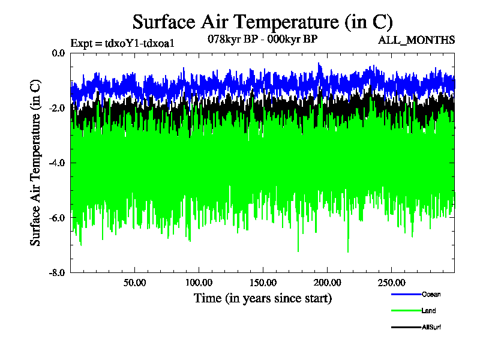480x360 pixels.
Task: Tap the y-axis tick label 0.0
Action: [58, 53]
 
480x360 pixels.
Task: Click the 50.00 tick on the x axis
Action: [135, 282]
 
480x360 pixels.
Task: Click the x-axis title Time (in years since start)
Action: [262, 298]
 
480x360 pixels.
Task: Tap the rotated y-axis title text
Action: [36, 163]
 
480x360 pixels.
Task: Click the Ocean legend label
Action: [430, 294]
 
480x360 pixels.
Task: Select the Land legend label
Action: [428, 311]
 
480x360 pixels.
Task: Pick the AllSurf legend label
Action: [431, 327]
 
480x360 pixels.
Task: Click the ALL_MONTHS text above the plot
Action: [416, 40]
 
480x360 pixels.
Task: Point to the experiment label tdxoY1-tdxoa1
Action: [122, 43]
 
